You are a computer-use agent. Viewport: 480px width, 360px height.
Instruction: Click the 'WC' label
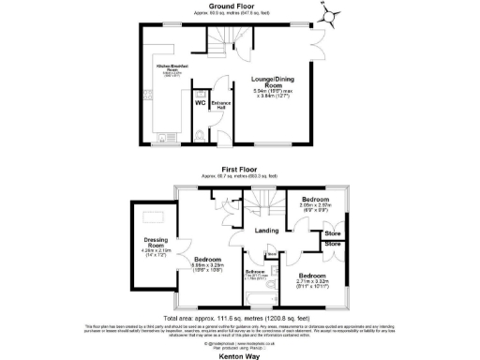click(x=200, y=102)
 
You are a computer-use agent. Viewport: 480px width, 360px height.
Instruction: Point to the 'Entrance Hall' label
click(x=221, y=103)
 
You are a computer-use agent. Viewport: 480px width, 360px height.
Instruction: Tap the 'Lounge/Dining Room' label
click(x=276, y=82)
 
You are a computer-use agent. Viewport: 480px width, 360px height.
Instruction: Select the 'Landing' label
click(x=268, y=231)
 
